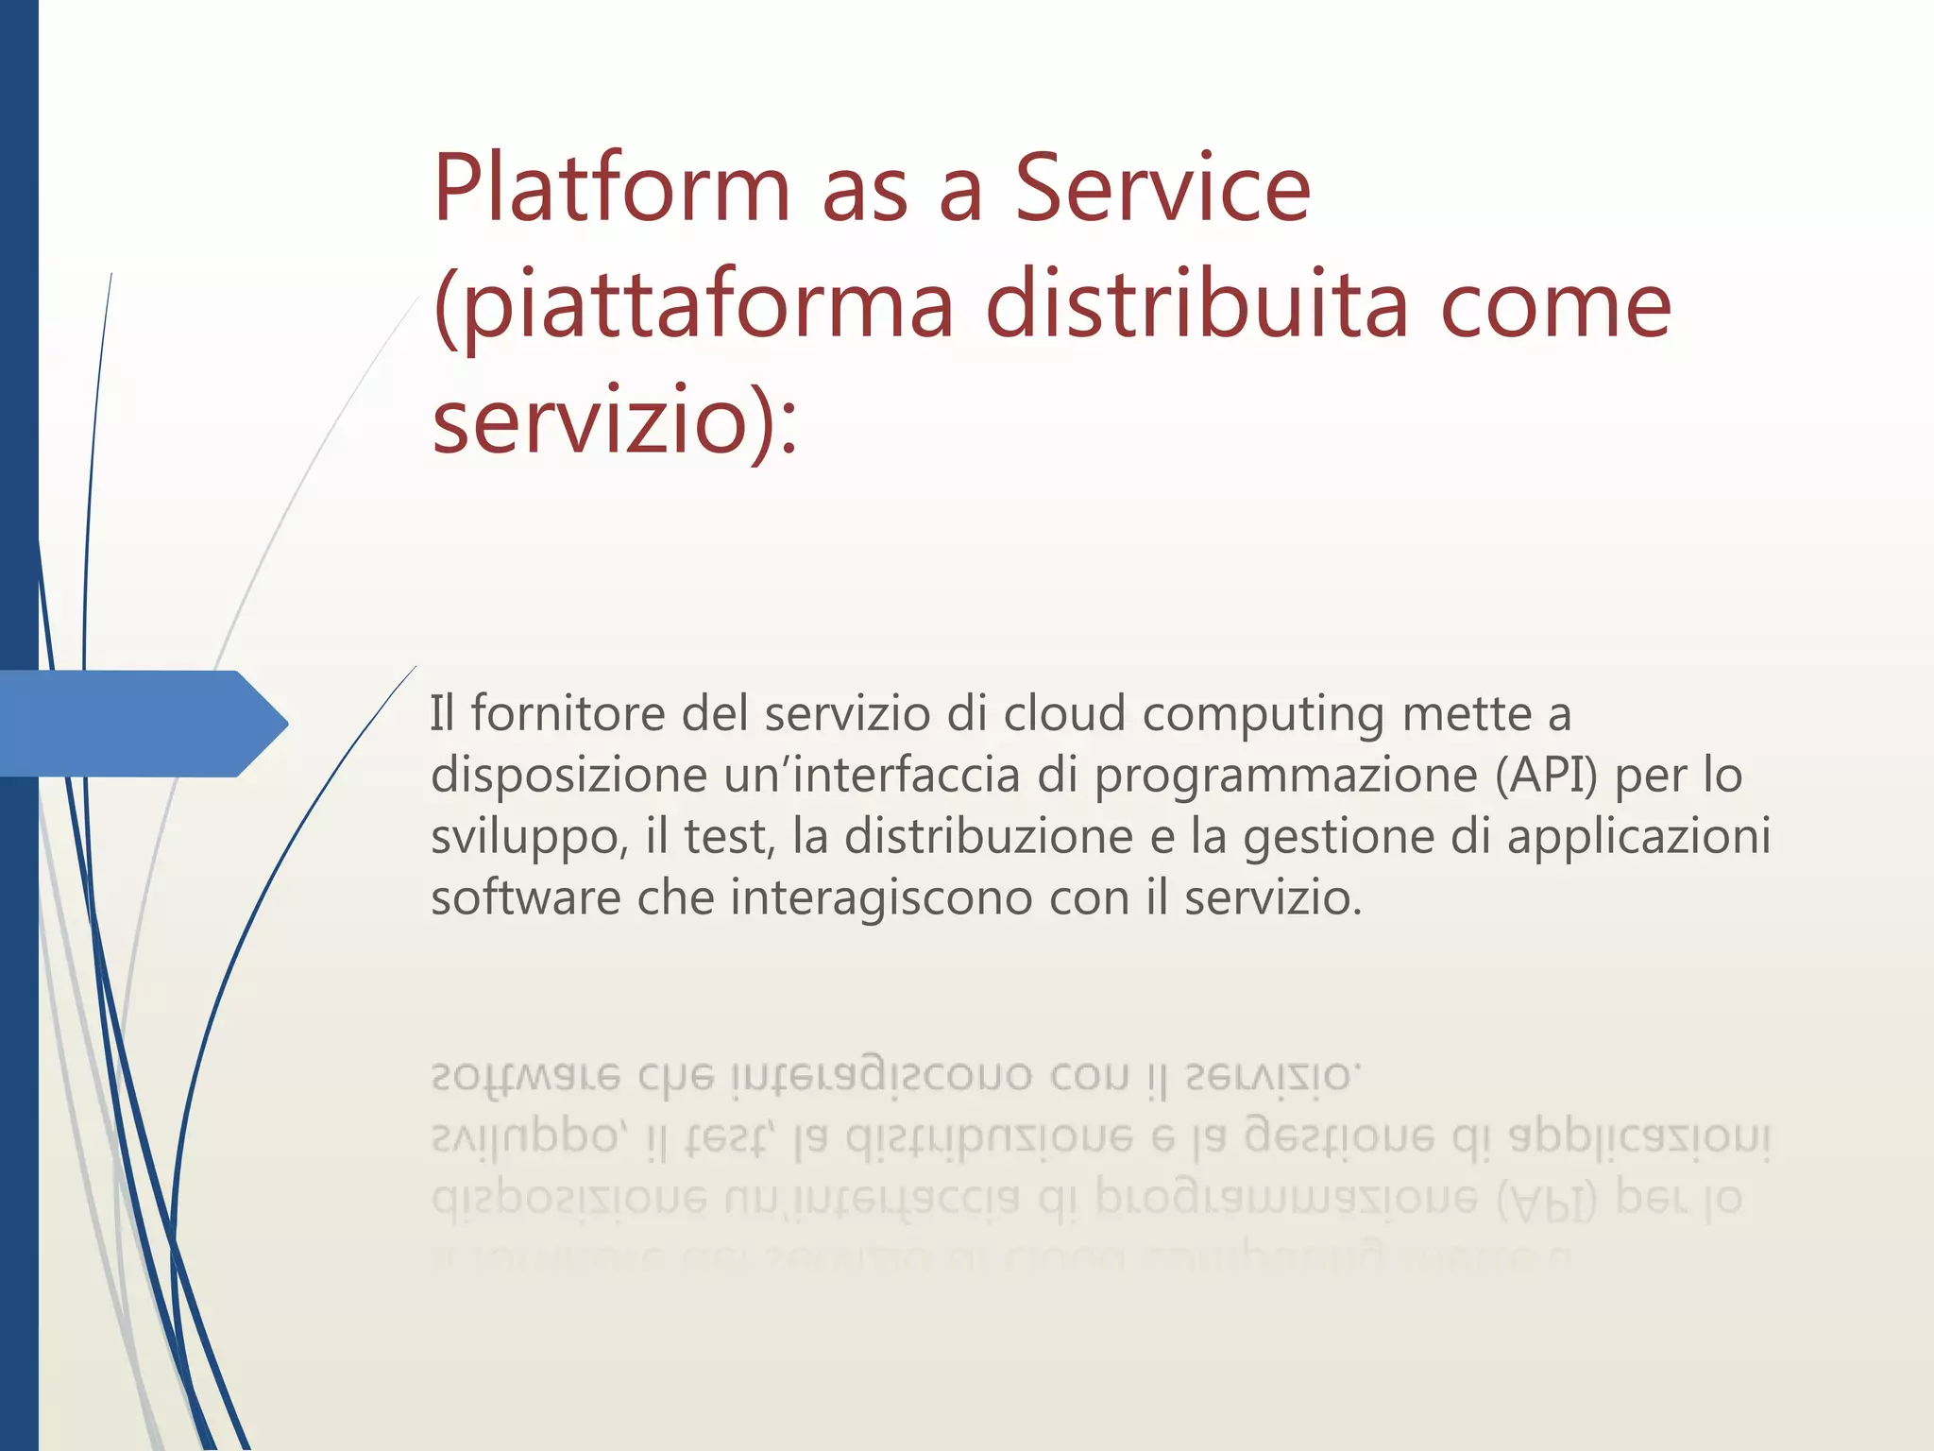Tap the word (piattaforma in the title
click(693, 306)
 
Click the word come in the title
click(1555, 308)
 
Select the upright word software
click(525, 897)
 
